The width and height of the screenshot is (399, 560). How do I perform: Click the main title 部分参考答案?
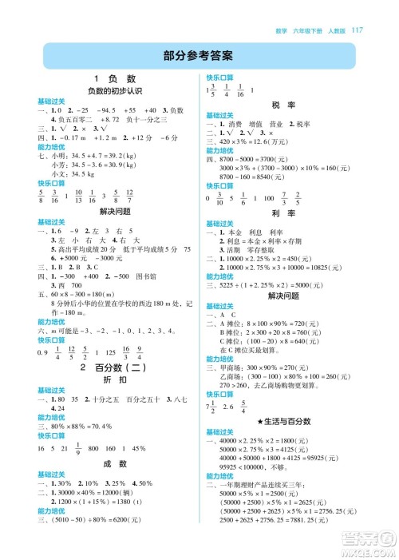[199, 56]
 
